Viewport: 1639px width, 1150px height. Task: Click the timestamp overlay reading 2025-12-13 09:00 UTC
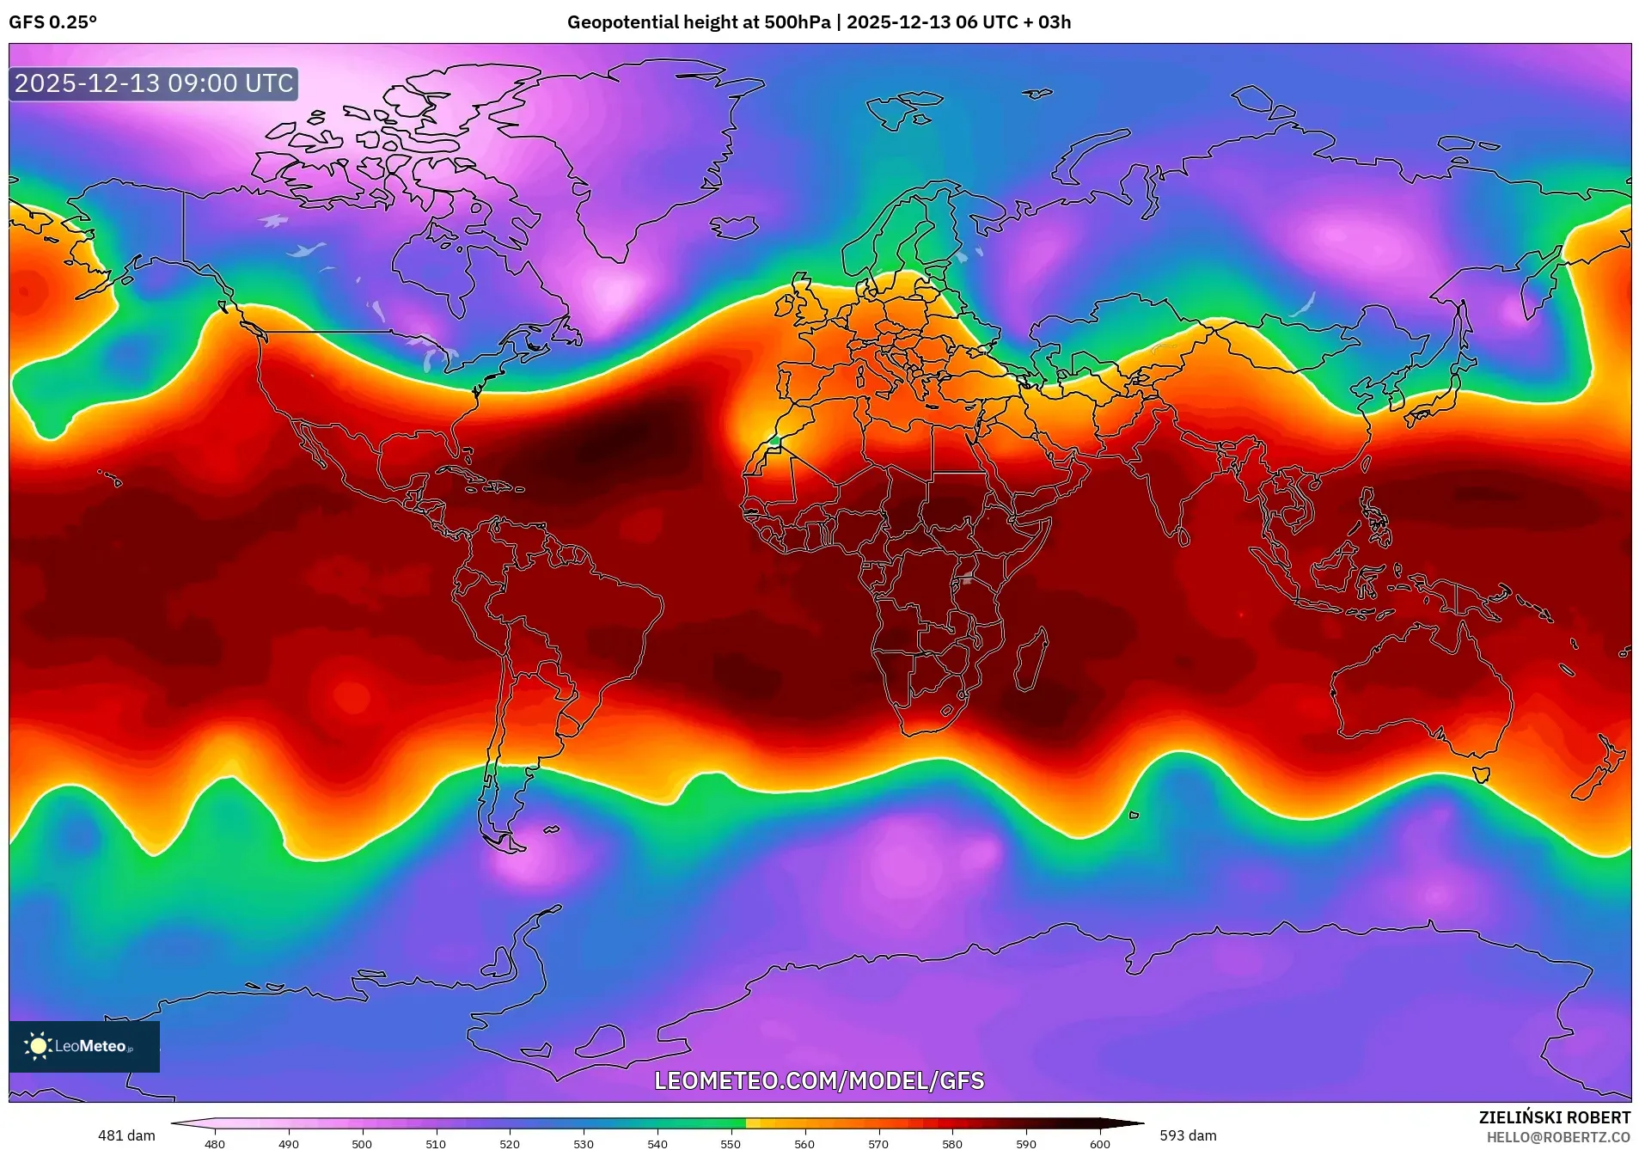pyautogui.click(x=154, y=84)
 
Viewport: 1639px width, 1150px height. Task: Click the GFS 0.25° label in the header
pyautogui.click(x=52, y=22)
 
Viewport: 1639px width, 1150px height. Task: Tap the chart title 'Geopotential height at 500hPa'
pyautogui.click(x=698, y=22)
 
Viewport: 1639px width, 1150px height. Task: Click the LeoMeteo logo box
pyautogui.click(x=84, y=1046)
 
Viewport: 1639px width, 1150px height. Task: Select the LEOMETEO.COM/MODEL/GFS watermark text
pyautogui.click(x=819, y=1080)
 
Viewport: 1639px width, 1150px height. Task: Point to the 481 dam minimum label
pyautogui.click(x=126, y=1135)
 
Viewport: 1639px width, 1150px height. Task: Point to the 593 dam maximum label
pyautogui.click(x=1188, y=1135)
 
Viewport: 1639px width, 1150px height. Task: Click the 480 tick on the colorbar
pyautogui.click(x=215, y=1143)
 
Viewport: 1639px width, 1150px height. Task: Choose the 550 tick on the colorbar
pyautogui.click(x=731, y=1143)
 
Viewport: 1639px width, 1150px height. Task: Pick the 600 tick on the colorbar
pyautogui.click(x=1099, y=1143)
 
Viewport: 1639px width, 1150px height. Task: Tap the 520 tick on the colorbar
pyautogui.click(x=510, y=1143)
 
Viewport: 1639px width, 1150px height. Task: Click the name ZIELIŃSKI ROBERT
pyautogui.click(x=1554, y=1117)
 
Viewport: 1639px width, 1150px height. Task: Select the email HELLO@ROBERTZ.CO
pyautogui.click(x=1558, y=1137)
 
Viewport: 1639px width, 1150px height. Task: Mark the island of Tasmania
pyautogui.click(x=1481, y=774)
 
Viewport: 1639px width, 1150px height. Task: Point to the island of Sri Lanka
pyautogui.click(x=1183, y=537)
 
